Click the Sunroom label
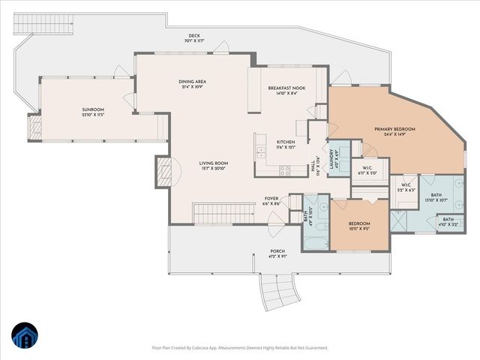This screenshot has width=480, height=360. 93,110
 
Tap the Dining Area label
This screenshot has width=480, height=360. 192,82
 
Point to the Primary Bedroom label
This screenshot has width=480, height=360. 394,129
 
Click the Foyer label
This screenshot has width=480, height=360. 271,199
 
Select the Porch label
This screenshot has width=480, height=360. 277,251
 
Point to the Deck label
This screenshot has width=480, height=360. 194,37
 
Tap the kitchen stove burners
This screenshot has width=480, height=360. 284,170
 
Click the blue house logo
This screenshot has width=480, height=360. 25,337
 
